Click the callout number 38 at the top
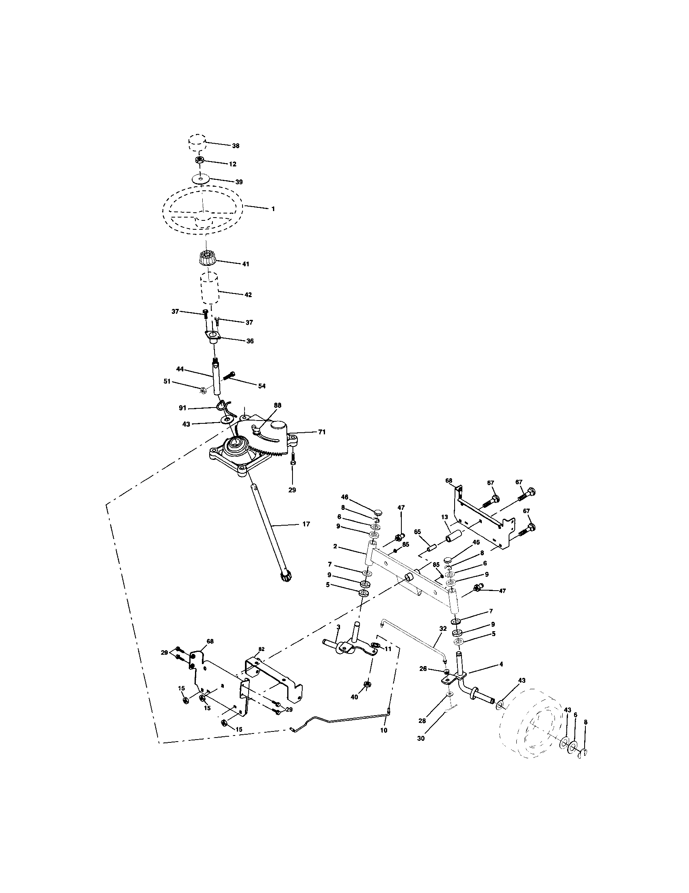235,146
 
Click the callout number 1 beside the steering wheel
273,209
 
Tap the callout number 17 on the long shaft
305,524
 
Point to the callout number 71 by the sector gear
322,432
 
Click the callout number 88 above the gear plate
277,405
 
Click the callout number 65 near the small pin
417,532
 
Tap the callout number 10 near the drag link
383,729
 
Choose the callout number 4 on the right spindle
501,664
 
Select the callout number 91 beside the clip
182,408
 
